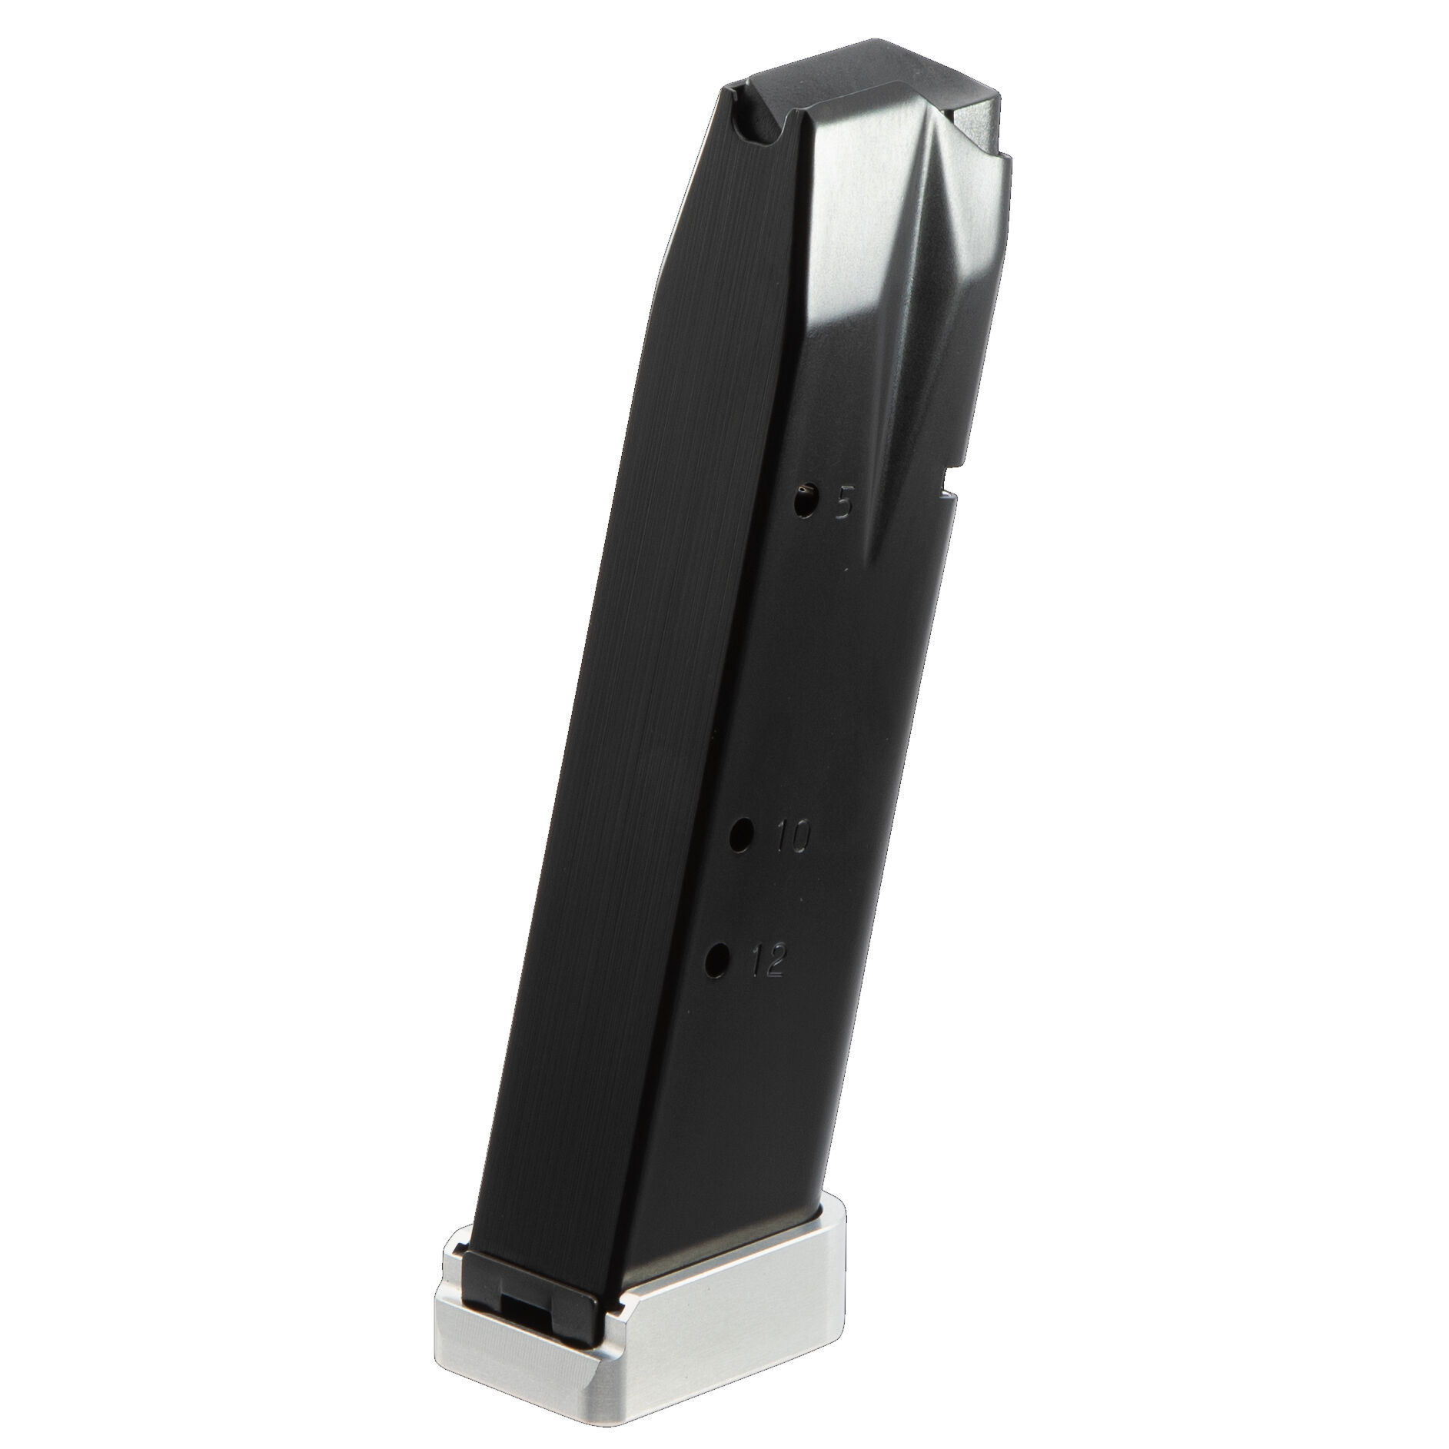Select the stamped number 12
tap(765, 962)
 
